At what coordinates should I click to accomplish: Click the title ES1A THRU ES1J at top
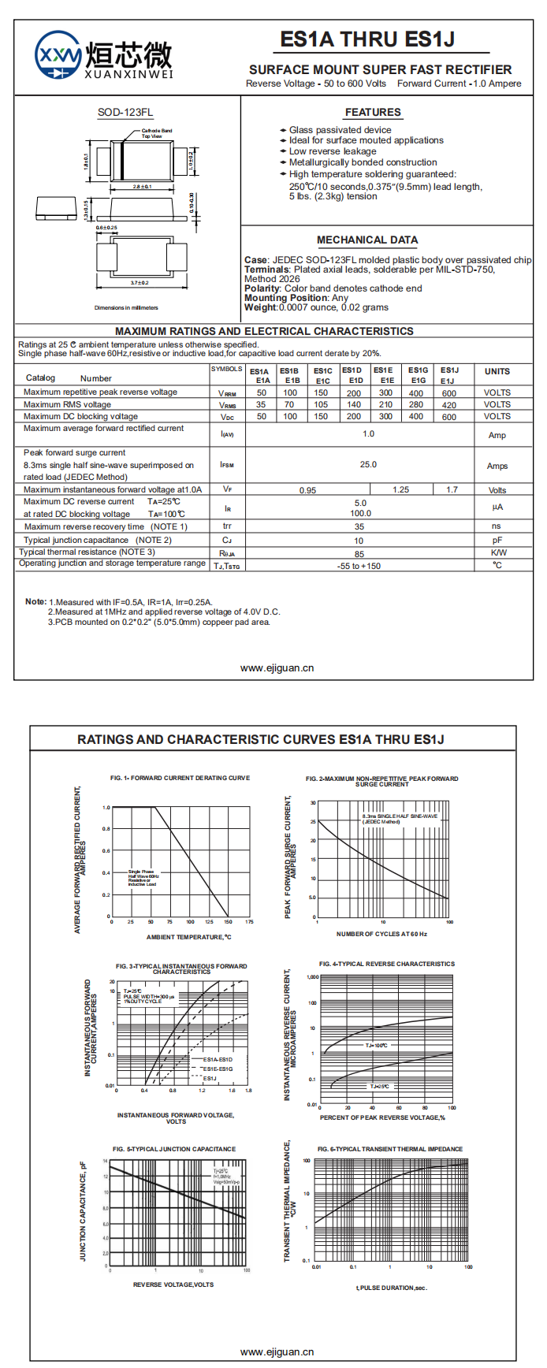coord(367,39)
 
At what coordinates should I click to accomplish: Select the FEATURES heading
coord(373,112)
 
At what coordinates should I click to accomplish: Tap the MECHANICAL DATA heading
coord(367,240)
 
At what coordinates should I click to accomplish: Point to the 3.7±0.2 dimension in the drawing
coord(140,282)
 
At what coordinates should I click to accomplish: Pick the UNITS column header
coord(497,371)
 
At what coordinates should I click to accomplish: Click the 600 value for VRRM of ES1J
coord(449,392)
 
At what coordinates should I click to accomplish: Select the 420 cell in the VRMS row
coord(449,405)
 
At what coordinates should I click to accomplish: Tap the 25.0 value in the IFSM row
coord(368,464)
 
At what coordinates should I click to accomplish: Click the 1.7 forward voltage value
coord(452,489)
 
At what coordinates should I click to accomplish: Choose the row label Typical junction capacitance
coord(76,540)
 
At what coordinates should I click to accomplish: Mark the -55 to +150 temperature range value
coord(359,566)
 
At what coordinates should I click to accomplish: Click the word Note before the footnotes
coord(35,601)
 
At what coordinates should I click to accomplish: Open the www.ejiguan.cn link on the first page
coord(277,667)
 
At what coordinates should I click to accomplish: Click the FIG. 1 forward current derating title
coord(180,778)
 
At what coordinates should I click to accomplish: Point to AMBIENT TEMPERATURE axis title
coord(189,937)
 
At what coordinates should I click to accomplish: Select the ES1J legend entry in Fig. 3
coord(210,1078)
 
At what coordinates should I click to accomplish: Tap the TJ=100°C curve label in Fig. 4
coord(376,1046)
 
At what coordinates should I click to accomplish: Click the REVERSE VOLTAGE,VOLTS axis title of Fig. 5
coord(173,1284)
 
